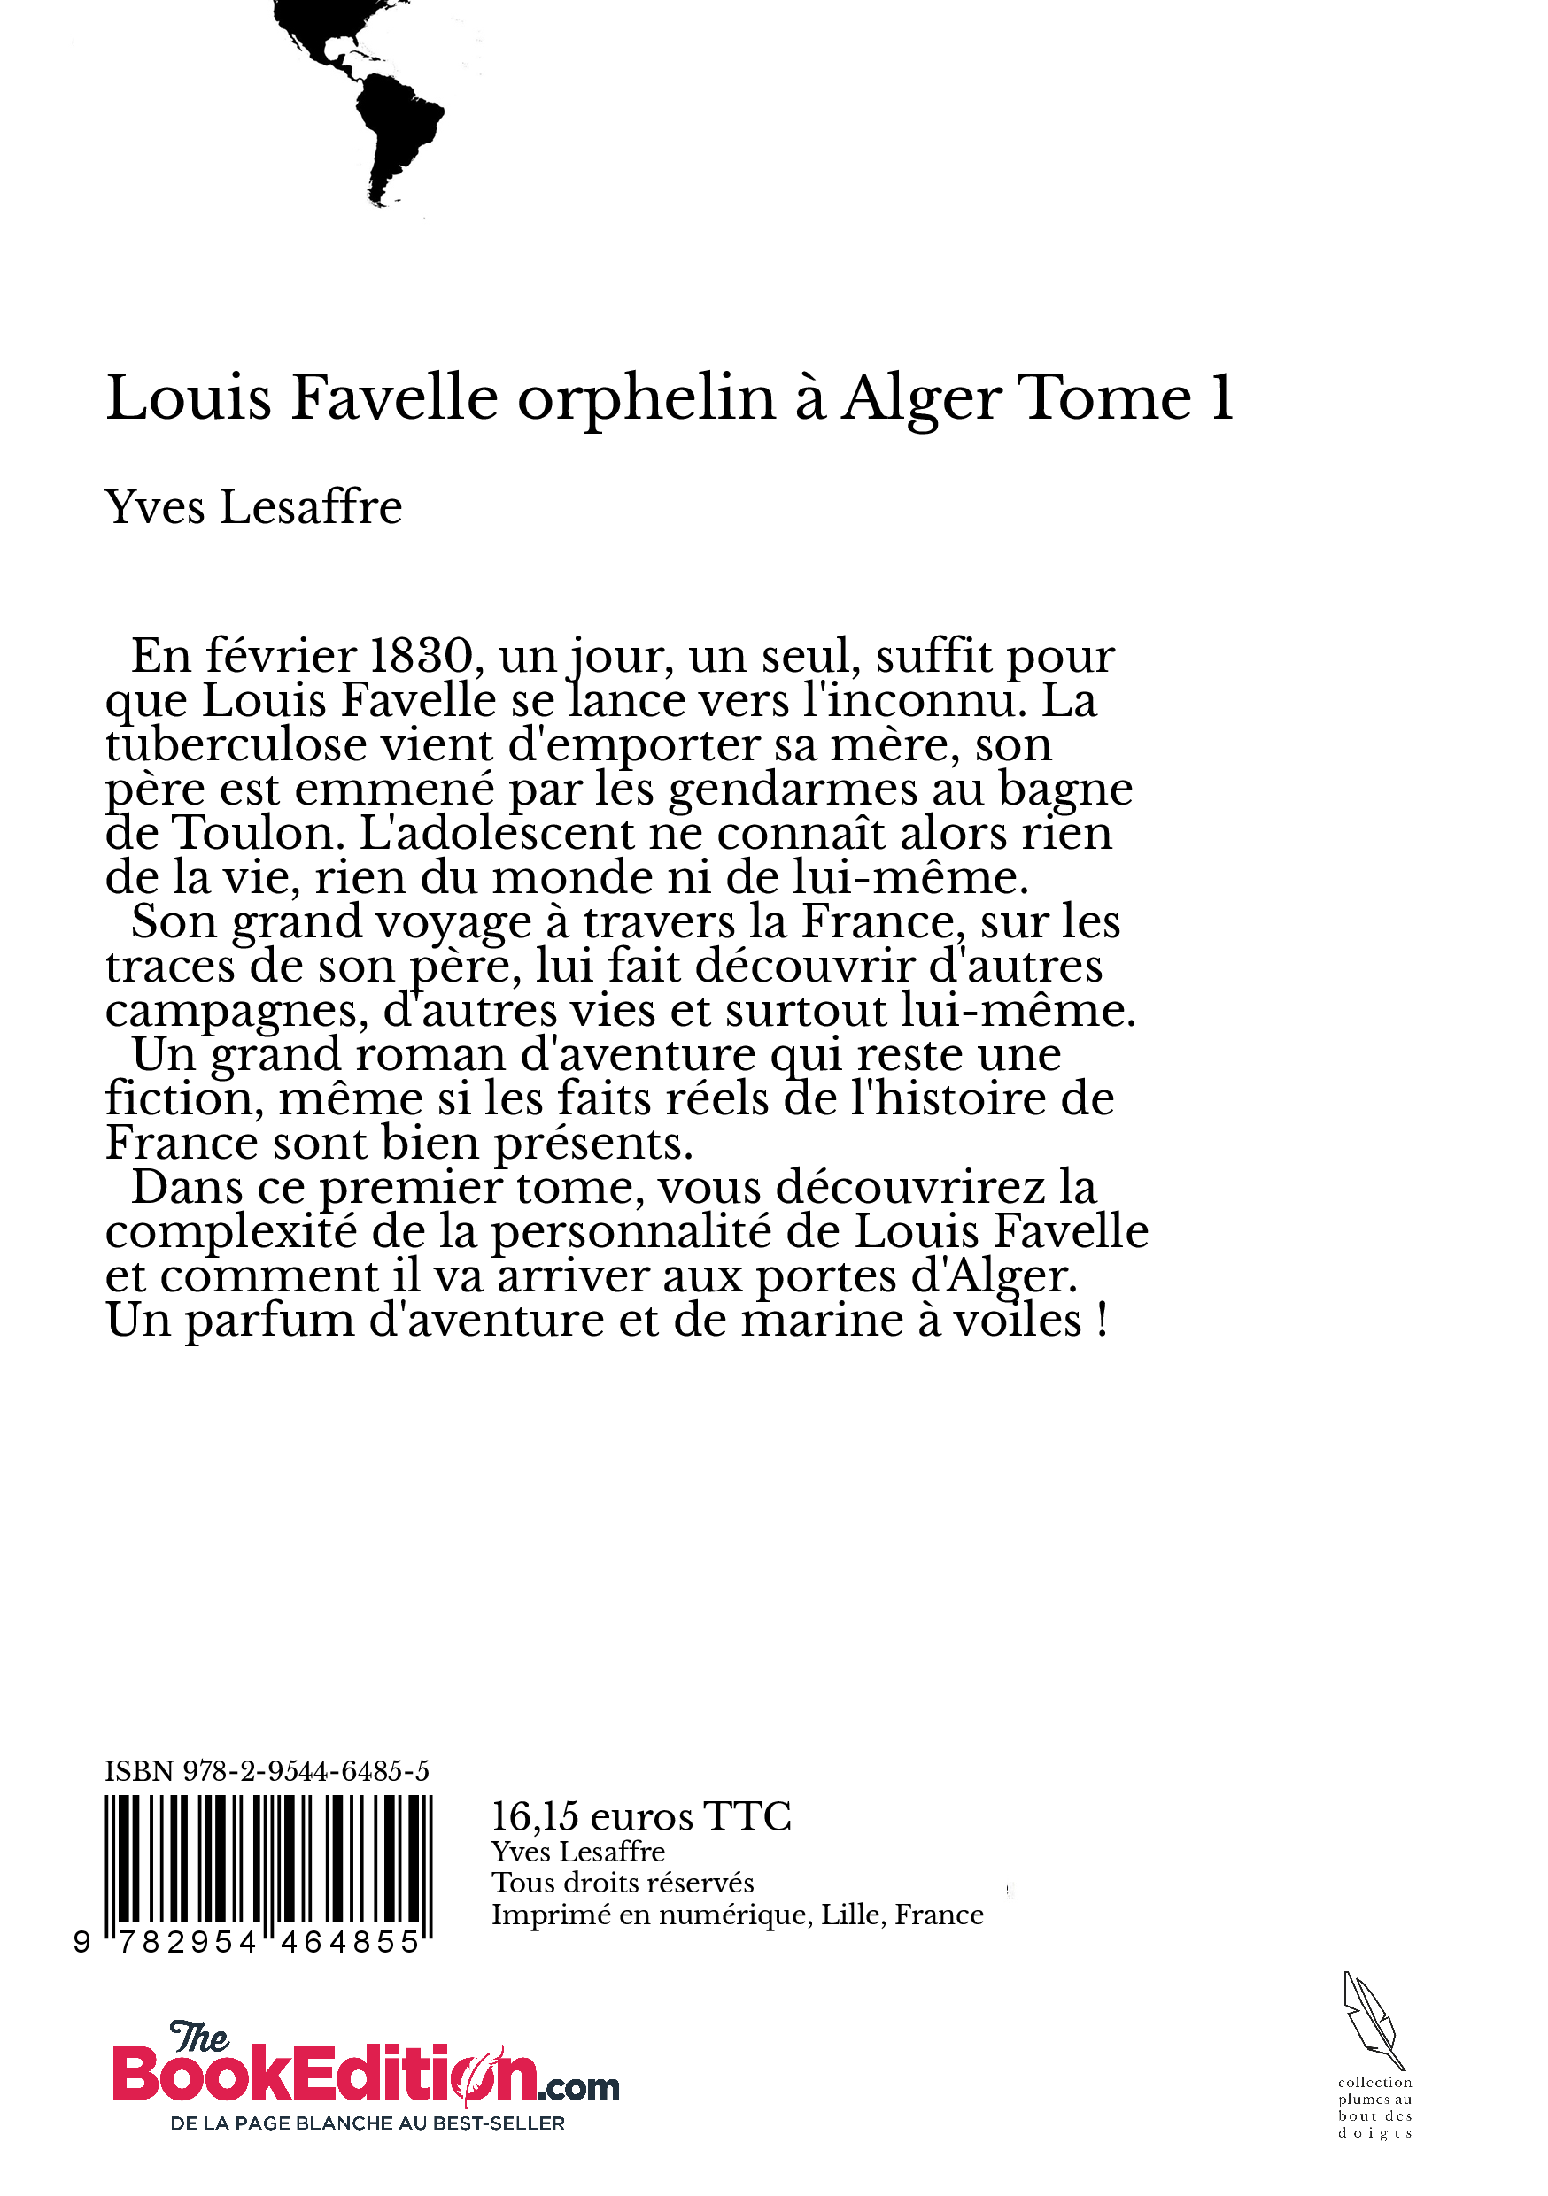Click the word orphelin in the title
click(646, 399)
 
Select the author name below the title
click(253, 507)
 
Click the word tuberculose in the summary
click(236, 745)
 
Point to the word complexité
click(230, 1232)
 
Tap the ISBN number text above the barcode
click(267, 1771)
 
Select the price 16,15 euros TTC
click(641, 1816)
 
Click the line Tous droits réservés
click(623, 1883)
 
